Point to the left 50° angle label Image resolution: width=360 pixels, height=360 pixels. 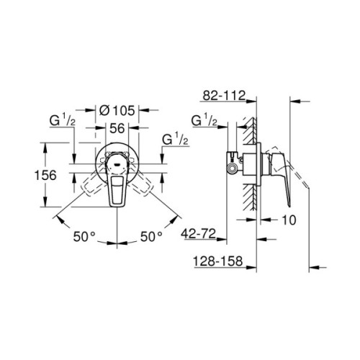coord(84,235)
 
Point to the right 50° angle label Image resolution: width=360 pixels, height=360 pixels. coord(151,235)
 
